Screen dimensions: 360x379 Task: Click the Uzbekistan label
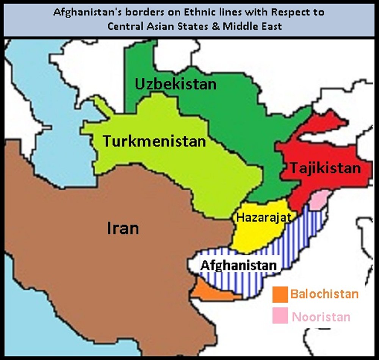click(175, 84)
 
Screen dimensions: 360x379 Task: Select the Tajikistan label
click(326, 167)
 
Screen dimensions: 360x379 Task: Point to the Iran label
click(123, 229)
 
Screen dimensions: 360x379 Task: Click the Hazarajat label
click(263, 218)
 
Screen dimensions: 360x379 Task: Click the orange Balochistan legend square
click(280, 294)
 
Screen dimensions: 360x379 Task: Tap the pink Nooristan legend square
click(280, 316)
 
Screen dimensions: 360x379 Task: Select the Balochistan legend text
click(324, 294)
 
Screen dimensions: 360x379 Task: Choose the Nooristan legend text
click(321, 316)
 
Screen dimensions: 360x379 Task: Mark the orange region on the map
click(210, 292)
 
